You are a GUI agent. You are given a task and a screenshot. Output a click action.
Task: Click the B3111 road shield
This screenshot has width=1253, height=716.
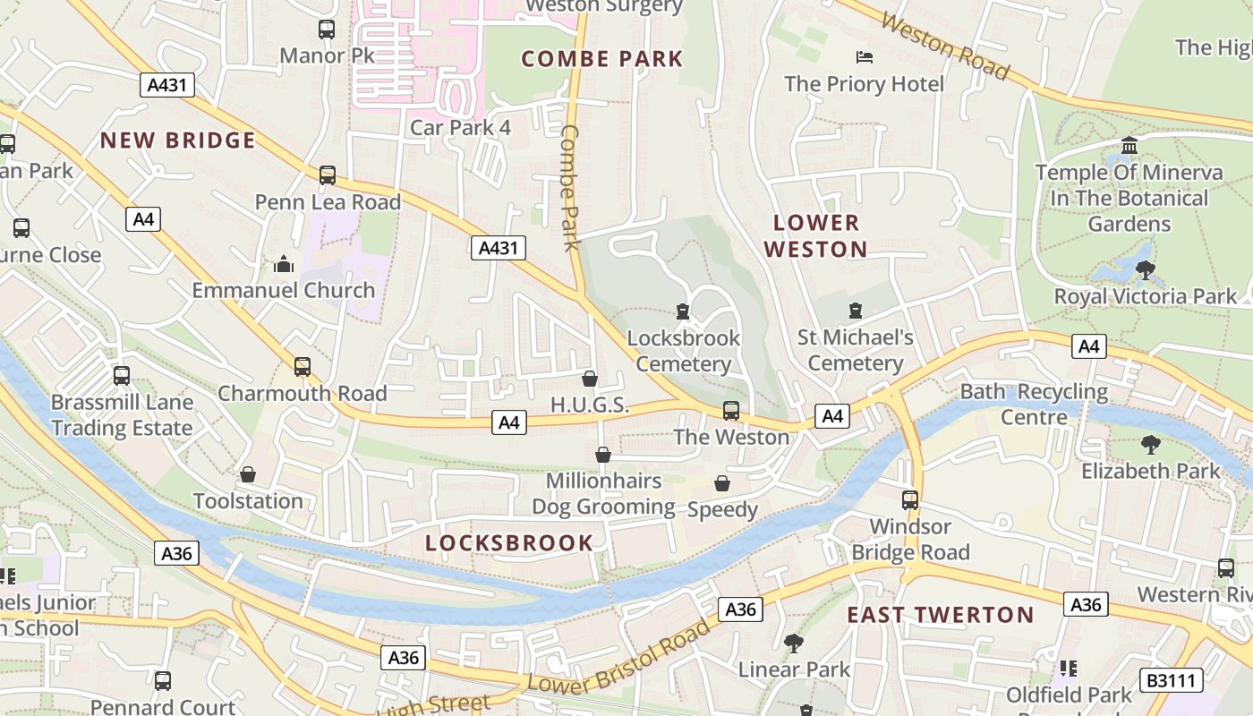pos(1171,680)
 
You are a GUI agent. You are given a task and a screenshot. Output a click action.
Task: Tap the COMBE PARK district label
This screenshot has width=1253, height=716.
pos(602,60)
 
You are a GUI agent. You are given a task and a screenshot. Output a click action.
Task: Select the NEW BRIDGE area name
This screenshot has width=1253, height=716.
pos(178,141)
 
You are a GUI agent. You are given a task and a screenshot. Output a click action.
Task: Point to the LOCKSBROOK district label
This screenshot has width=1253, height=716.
pos(508,543)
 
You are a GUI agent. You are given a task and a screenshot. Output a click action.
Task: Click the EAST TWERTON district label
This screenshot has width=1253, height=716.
pos(941,615)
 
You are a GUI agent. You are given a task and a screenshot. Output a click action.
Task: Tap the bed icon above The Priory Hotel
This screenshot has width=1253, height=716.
pos(865,57)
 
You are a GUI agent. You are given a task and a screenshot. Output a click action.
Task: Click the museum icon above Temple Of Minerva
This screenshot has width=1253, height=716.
pos(1129,145)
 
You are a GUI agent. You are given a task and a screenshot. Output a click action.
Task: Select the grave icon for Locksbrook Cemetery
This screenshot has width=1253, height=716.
pos(683,311)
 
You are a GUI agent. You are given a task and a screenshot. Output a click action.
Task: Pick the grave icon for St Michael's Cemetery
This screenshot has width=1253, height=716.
pos(856,311)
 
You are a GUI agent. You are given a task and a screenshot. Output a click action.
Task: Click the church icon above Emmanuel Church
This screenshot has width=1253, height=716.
pos(284,264)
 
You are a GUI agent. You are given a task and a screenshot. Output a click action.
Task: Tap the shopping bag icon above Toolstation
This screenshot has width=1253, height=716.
pos(248,474)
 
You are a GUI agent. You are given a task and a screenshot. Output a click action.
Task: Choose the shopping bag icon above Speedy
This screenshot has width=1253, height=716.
pos(722,484)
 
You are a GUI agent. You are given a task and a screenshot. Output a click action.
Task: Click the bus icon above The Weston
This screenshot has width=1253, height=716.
pos(731,411)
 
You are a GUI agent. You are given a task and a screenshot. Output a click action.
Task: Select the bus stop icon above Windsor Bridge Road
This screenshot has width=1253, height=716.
pos(910,500)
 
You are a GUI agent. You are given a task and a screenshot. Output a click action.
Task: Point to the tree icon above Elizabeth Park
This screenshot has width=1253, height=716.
pos(1151,445)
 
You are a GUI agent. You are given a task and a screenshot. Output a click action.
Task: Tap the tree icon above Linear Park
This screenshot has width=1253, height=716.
pos(793,643)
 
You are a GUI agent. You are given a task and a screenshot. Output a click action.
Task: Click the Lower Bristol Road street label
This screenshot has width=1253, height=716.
pos(618,656)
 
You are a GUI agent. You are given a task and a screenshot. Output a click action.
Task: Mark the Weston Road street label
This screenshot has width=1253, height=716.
pos(945,47)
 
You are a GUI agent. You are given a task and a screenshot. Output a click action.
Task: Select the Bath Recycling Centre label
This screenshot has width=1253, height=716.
pos(1034,405)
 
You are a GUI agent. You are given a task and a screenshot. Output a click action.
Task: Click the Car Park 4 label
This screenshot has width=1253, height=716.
pos(460,128)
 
